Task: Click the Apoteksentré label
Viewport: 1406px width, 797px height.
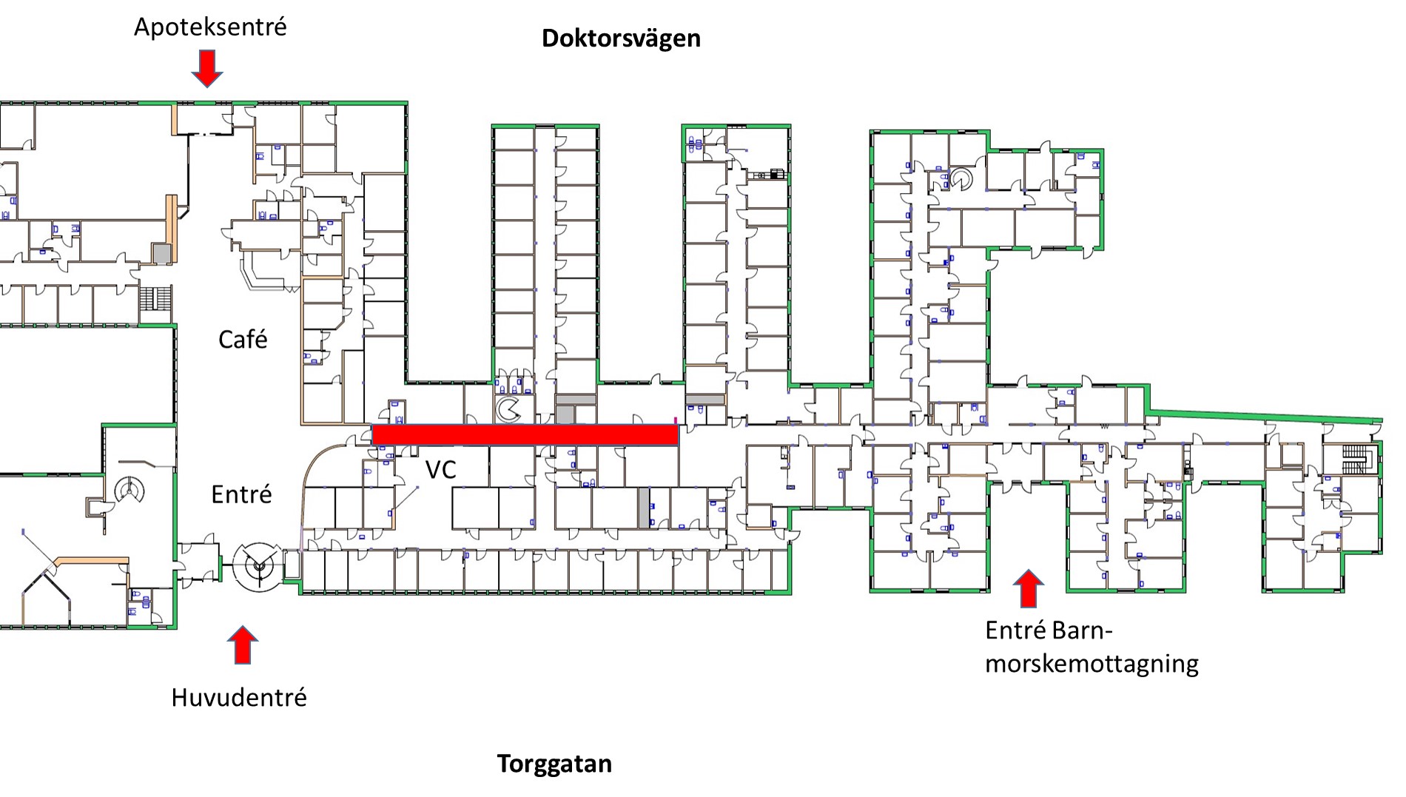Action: (209, 27)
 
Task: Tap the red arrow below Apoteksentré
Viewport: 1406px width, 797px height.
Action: (207, 68)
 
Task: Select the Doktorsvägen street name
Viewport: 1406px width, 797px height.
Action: (621, 38)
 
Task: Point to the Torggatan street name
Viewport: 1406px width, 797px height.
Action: (554, 764)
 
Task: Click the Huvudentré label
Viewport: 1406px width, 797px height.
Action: (238, 697)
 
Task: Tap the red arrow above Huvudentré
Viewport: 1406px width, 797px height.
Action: (242, 645)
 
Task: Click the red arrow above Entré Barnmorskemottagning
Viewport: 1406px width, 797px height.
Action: (1027, 588)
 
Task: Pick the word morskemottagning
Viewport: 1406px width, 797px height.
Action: (1091, 663)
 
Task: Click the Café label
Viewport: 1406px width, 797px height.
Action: (243, 340)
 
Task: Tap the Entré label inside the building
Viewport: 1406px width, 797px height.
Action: (241, 494)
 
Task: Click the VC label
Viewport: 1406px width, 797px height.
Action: (440, 469)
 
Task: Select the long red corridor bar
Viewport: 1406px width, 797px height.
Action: (525, 435)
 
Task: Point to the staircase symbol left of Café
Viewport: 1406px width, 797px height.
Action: (155, 299)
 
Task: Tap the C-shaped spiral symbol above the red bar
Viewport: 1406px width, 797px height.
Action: (508, 410)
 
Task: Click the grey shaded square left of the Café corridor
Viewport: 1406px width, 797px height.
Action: (162, 253)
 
